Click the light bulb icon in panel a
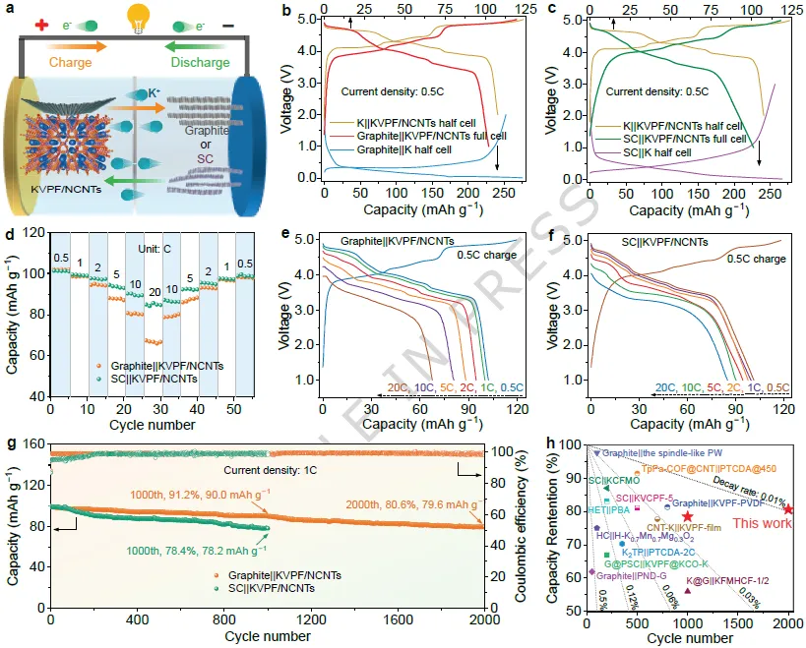pyautogui.click(x=139, y=17)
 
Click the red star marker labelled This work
pyautogui.click(x=788, y=508)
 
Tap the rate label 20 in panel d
pyautogui.click(x=153, y=292)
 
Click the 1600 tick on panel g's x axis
pyautogui.click(x=398, y=623)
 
